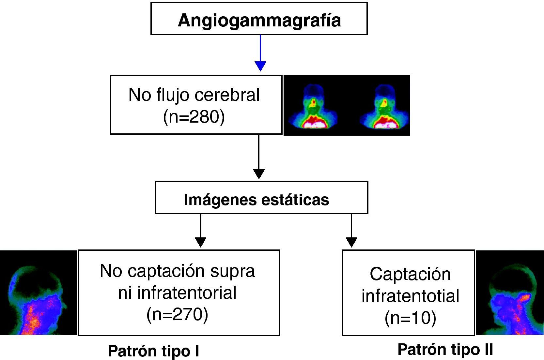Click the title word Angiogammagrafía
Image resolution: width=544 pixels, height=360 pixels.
pyautogui.click(x=259, y=20)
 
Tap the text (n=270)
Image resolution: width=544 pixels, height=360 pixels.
pyautogui.click(x=177, y=314)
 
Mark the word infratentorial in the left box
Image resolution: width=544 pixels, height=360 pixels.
pyautogui.click(x=187, y=292)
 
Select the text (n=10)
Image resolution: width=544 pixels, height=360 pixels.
pyautogui.click(x=410, y=318)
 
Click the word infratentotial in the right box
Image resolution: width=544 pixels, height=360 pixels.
pyautogui.click(x=410, y=296)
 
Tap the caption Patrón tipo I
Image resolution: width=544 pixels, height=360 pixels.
pyautogui.click(x=153, y=351)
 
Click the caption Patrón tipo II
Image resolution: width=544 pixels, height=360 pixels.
pyautogui.click(x=445, y=350)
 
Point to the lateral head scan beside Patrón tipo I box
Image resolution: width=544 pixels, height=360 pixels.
pyautogui.click(x=38, y=292)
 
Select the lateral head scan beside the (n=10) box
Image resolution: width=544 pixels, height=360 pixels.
pyautogui.click(x=510, y=292)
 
